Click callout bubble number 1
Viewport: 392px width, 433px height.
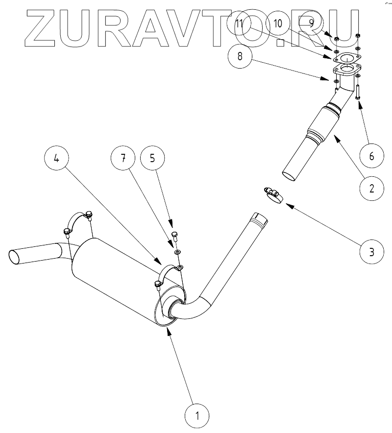click(197, 416)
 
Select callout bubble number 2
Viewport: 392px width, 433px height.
click(371, 188)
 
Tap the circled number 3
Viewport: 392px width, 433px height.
click(371, 252)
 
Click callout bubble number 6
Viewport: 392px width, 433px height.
click(371, 156)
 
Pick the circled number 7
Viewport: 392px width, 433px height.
click(123, 158)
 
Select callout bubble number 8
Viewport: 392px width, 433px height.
click(240, 56)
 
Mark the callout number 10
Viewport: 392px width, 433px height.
click(278, 23)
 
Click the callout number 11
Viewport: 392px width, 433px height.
click(240, 24)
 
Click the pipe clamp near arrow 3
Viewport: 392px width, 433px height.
click(273, 195)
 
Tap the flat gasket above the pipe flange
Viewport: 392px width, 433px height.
click(346, 59)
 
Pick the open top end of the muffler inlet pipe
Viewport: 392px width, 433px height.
click(259, 218)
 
